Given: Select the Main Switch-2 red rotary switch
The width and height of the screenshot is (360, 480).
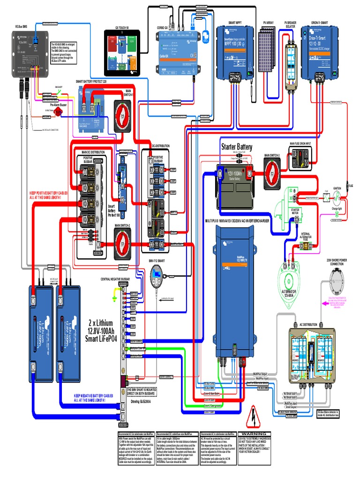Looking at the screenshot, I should coord(123,244).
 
